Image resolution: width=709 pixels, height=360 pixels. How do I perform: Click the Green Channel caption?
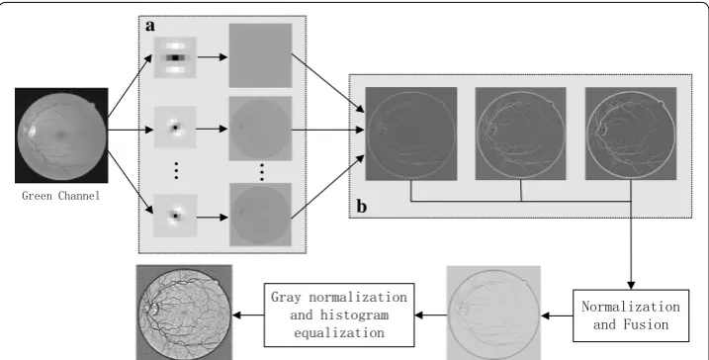click(61, 196)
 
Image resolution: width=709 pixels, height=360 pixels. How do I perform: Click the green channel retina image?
click(61, 135)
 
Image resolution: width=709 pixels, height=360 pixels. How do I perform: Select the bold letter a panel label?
click(150, 26)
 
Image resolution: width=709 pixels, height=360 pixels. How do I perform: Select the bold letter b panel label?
click(361, 206)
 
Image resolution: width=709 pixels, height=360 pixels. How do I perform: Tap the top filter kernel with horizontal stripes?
click(175, 57)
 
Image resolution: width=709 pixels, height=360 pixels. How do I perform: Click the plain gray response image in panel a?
click(260, 55)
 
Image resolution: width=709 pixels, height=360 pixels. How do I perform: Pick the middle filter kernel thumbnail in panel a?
click(175, 127)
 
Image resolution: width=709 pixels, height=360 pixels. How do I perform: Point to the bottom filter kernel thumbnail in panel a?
click(175, 216)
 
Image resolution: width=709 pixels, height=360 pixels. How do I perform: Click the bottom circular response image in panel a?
click(260, 215)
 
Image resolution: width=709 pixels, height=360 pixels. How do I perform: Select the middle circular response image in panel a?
click(260, 129)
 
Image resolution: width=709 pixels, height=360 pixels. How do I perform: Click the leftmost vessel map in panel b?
click(411, 134)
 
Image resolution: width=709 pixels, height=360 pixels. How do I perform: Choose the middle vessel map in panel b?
click(520, 134)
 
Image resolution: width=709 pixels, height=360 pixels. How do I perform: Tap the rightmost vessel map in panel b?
click(631, 134)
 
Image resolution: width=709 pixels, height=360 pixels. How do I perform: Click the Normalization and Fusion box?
click(631, 315)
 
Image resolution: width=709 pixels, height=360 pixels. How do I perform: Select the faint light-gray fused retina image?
click(493, 313)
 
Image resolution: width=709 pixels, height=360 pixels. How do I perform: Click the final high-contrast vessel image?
click(185, 313)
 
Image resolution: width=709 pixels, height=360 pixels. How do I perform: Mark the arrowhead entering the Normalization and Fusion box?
click(631, 286)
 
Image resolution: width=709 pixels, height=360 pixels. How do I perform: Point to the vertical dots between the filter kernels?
click(176, 170)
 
